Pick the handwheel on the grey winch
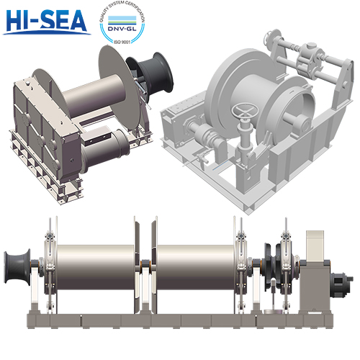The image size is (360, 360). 243,112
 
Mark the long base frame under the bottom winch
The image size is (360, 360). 180,318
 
